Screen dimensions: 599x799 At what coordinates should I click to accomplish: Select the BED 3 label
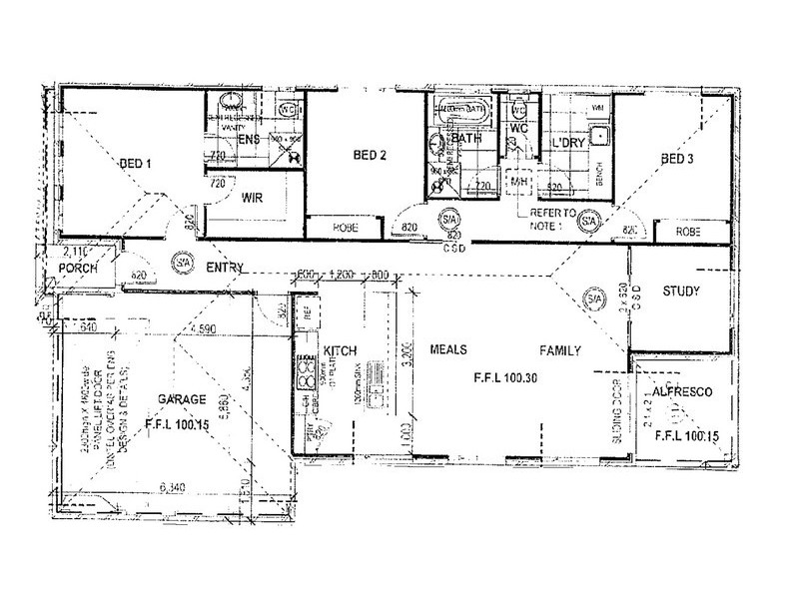[x=678, y=160]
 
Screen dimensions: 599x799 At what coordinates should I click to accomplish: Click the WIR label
[x=252, y=198]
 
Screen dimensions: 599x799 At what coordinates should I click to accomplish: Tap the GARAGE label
[x=182, y=399]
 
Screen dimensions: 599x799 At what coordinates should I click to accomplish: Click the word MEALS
[x=450, y=351]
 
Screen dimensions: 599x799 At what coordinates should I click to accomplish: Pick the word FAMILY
[x=560, y=351]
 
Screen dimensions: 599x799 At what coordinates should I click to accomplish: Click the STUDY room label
[x=682, y=292]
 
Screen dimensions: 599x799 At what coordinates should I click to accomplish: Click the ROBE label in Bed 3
[x=688, y=231]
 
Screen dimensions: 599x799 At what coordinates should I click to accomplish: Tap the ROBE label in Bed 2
[x=345, y=228]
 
